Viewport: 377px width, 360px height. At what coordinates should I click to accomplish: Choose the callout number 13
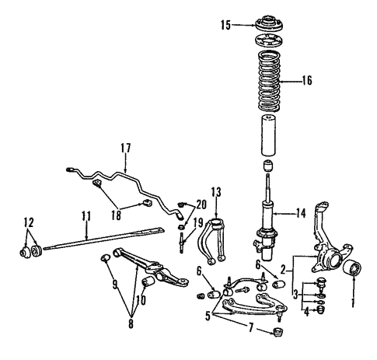click(215, 192)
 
